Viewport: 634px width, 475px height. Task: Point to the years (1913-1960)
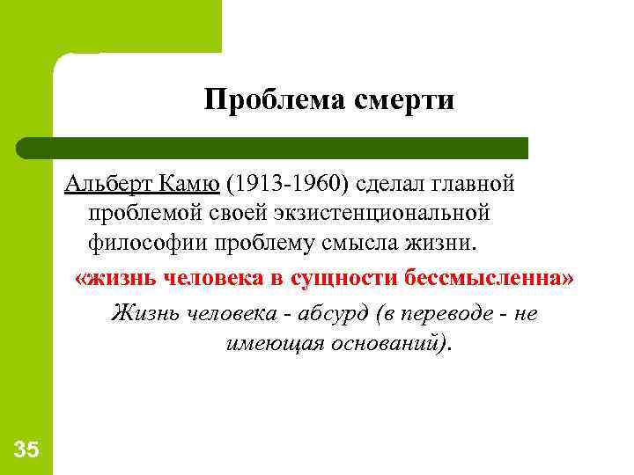coord(287,186)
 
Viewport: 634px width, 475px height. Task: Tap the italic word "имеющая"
coord(264,341)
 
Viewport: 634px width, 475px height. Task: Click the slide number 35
coord(26,450)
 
